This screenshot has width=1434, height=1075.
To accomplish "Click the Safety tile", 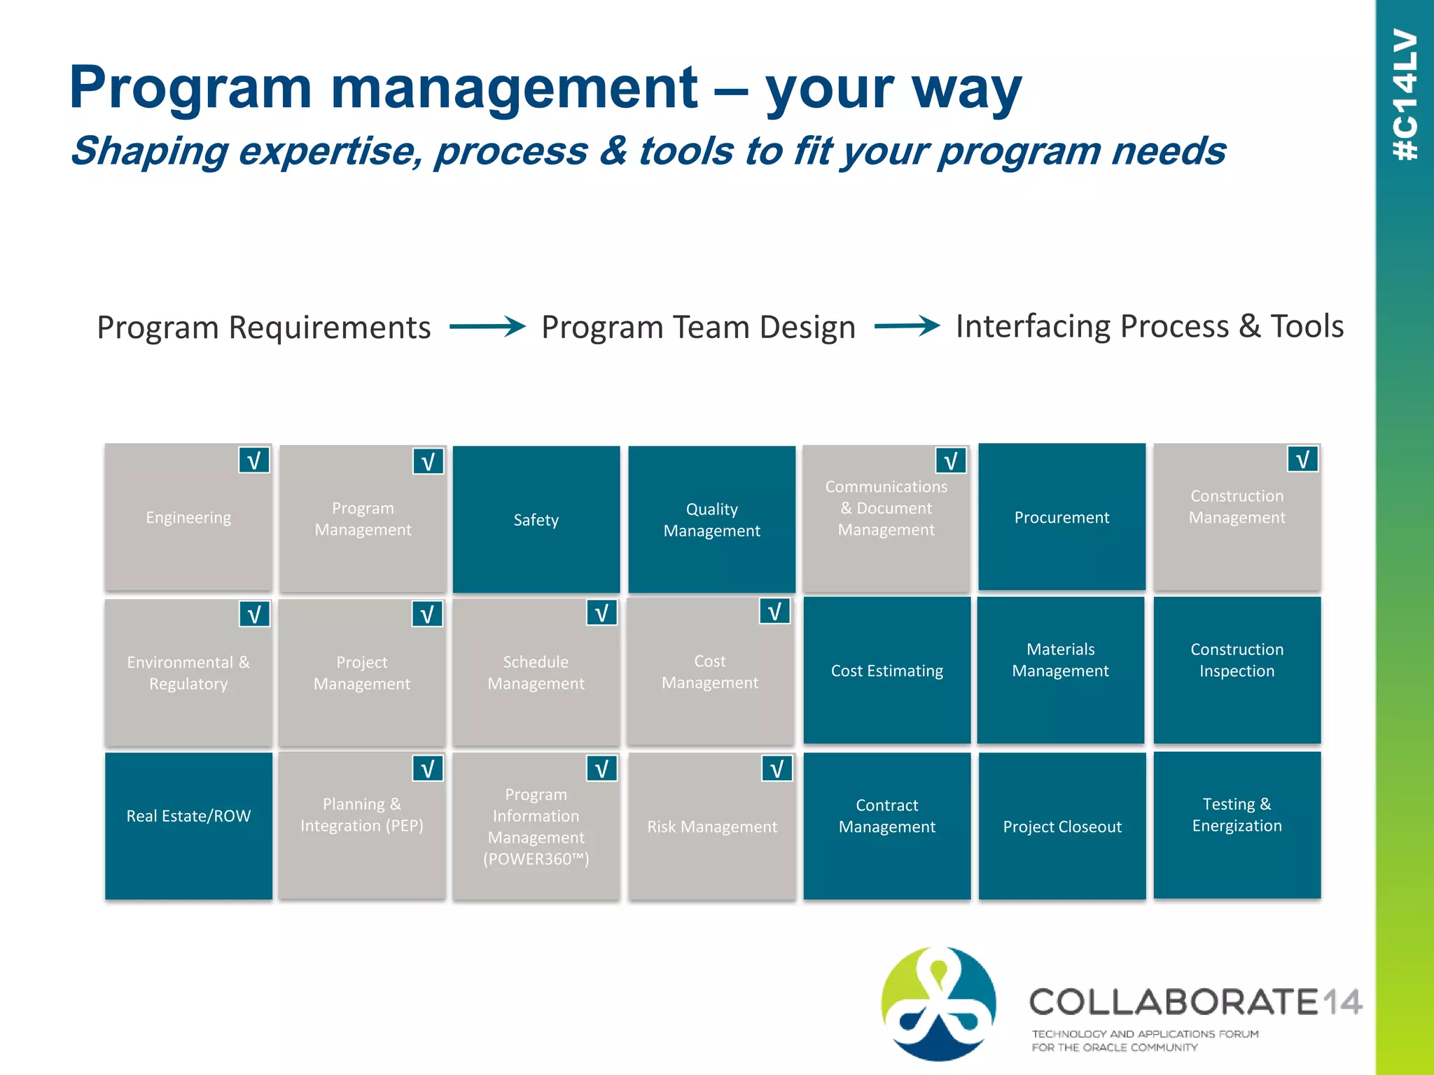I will pos(536,519).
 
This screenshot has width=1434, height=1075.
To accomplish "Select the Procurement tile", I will pos(1061,517).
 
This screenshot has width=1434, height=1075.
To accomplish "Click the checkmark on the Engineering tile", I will pos(253,461).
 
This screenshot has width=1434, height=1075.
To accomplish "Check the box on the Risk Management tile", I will pos(777,769).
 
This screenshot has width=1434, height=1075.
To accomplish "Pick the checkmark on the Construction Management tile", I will pos(1302,460).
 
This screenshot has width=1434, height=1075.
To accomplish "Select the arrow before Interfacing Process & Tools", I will pos(907,326).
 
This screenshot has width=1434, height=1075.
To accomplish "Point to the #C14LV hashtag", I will pos(1405,94).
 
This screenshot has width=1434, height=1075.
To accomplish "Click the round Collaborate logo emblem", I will pos(938,1003).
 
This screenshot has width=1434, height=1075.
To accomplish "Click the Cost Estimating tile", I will pos(886,670).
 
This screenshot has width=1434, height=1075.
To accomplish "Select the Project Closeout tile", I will pos(1061,827).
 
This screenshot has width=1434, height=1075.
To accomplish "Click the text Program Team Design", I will pos(698,328).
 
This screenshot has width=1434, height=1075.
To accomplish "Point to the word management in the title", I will pos(514,89).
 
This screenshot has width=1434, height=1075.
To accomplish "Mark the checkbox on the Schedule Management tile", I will pos(601,614).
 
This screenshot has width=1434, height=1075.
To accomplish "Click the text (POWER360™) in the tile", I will pos(536,859).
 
